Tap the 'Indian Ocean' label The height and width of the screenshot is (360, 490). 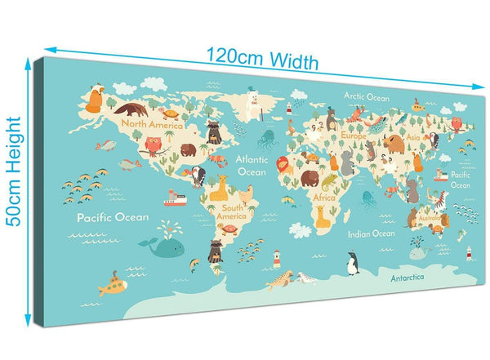coord(371,233)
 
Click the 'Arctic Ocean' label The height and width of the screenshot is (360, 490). coord(367,96)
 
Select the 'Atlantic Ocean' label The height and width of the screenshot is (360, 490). coord(252,165)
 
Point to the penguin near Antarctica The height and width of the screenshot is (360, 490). coord(353,263)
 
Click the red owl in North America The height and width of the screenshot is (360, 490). coord(152,146)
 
